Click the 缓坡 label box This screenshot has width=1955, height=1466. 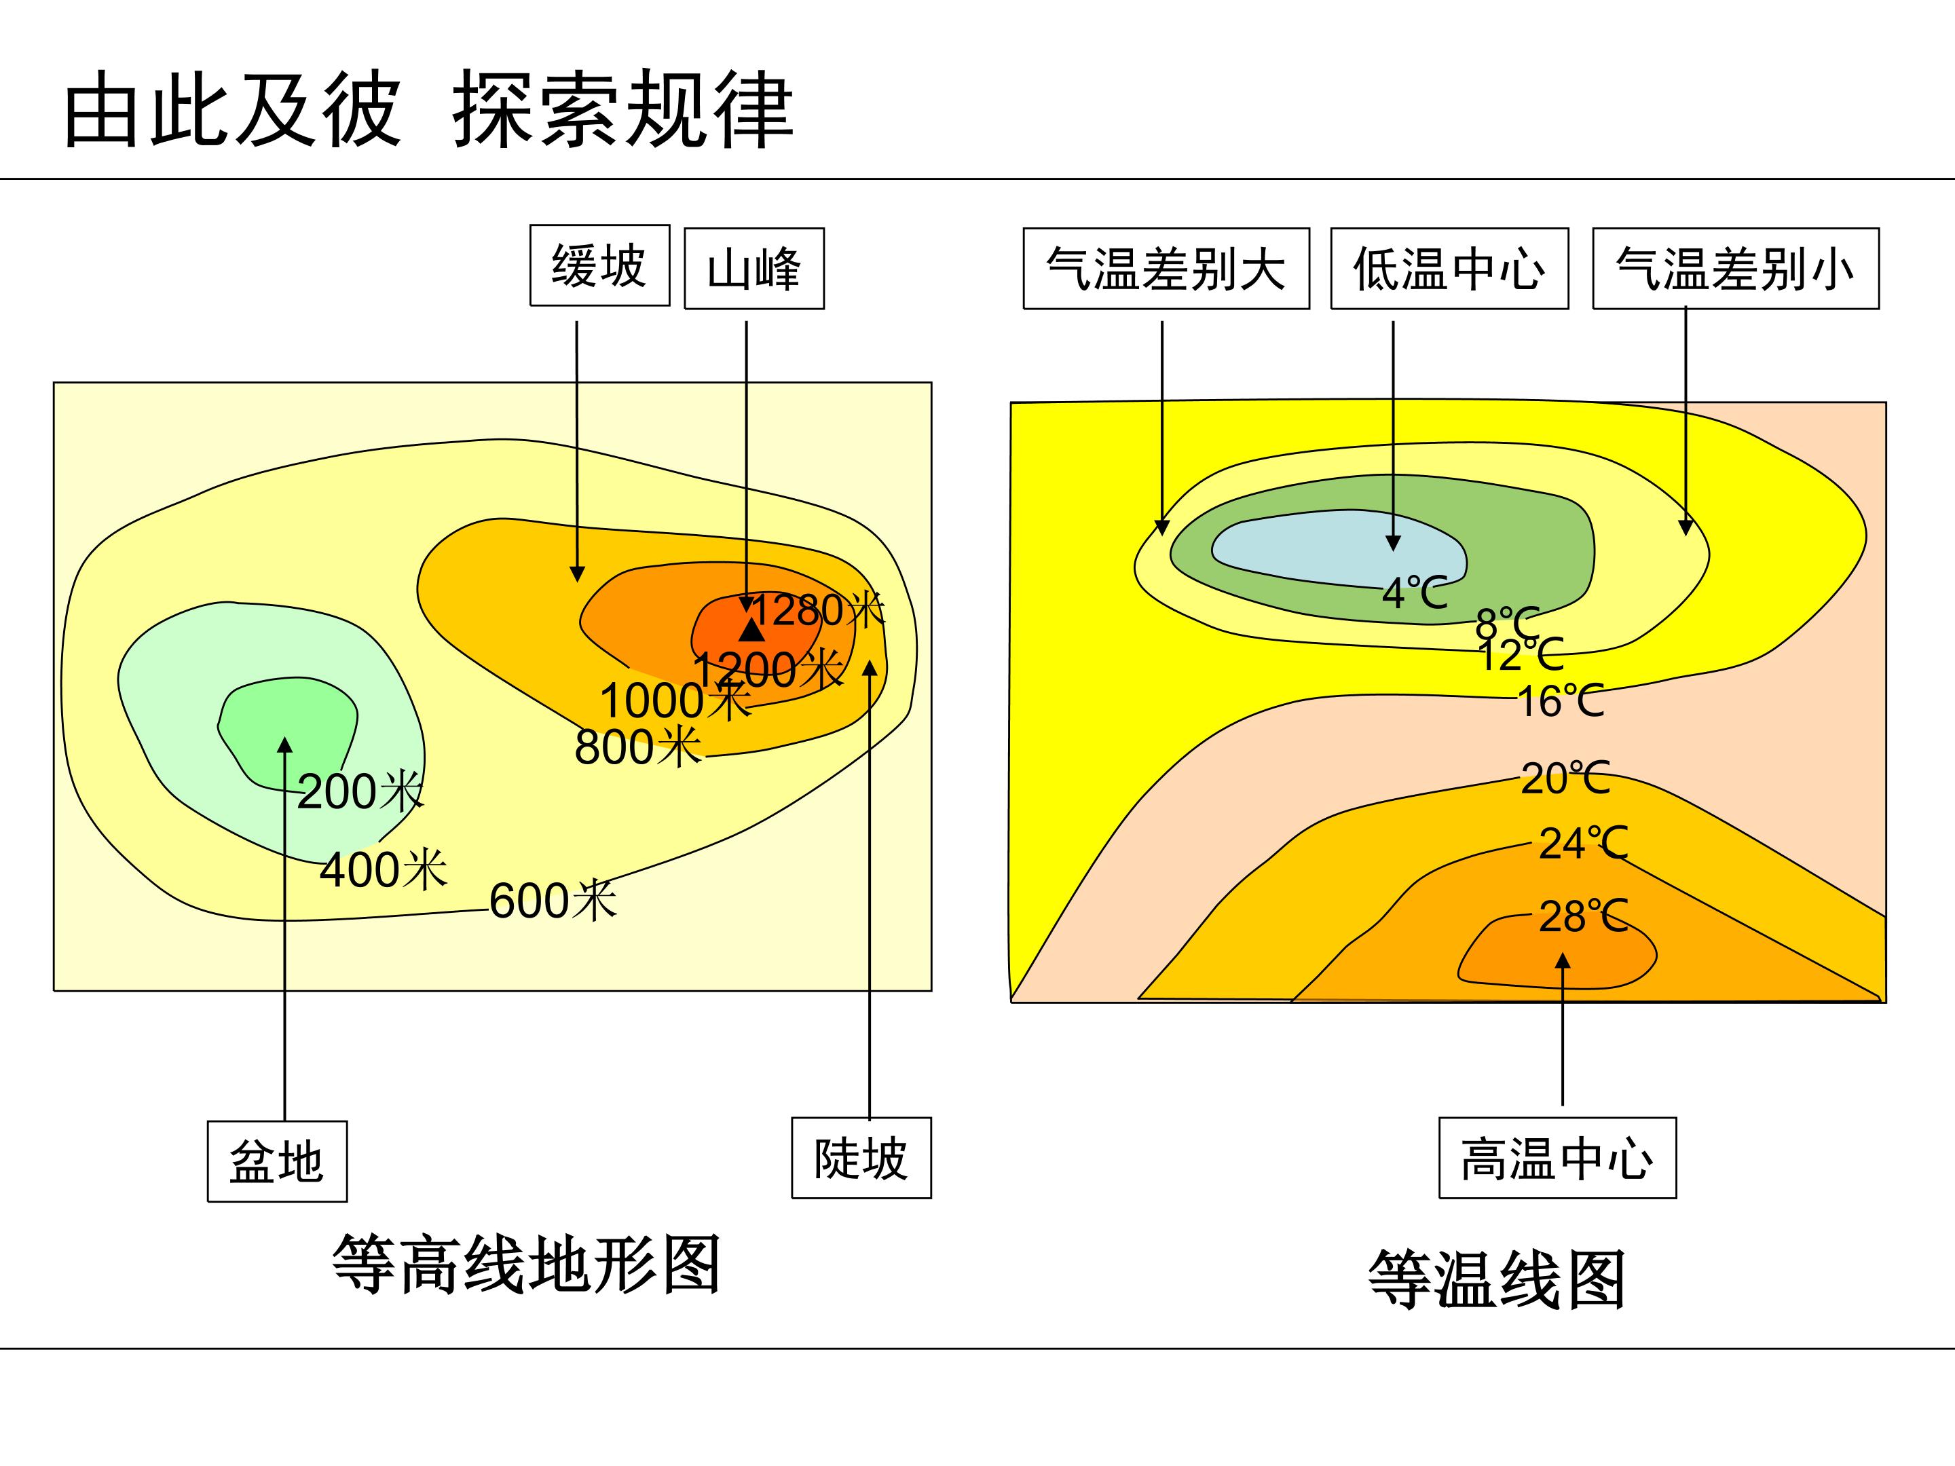coord(599,265)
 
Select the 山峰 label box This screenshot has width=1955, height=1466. coord(754,269)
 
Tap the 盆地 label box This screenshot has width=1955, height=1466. coord(277,1161)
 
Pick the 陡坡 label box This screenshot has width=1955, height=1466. coord(861,1158)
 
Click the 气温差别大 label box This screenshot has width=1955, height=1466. coord(1166,269)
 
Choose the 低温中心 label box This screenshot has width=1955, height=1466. coord(1449,269)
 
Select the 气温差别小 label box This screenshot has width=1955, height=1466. coord(1736,269)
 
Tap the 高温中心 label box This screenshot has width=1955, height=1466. coord(1557,1158)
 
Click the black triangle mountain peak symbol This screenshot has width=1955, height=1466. coord(751,630)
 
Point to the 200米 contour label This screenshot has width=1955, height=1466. coord(360,791)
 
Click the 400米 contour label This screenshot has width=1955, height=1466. coord(384,869)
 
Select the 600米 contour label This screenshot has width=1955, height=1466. coord(553,901)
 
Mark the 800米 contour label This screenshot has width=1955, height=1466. coord(638,747)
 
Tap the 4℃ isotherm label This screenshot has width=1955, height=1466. coord(1415,593)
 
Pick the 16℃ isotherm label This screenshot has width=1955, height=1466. coord(1561,702)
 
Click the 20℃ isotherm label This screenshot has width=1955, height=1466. coord(1565,778)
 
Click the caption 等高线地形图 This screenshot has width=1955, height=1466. coord(527,1264)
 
